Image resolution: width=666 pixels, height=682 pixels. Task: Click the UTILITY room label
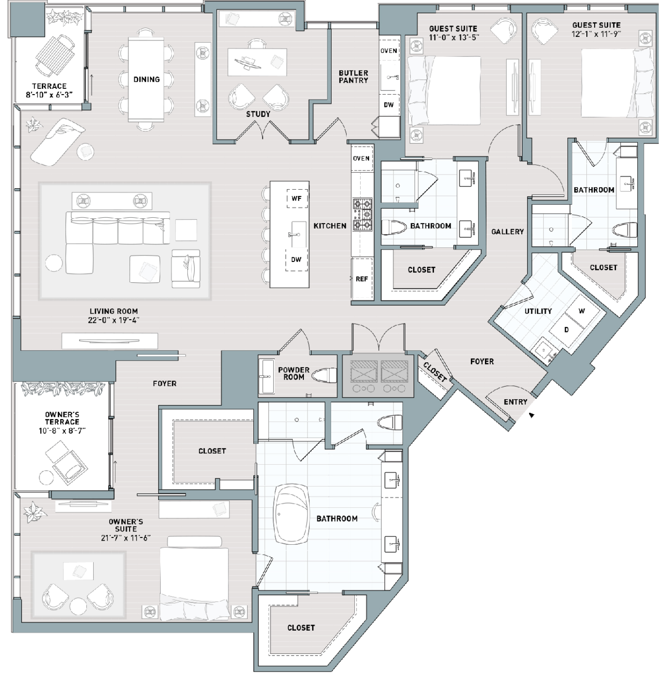point(538,311)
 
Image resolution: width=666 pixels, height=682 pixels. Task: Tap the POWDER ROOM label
point(294,373)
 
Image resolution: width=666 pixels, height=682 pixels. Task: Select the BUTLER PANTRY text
point(353,76)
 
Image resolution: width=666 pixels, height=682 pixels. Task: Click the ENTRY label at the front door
point(515,402)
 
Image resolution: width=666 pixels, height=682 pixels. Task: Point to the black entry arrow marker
point(531,415)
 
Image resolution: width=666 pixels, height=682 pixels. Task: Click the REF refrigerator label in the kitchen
point(362,279)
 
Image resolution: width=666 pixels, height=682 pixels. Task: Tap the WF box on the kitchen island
point(297,199)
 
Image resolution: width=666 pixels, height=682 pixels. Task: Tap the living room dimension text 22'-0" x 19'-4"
point(114,320)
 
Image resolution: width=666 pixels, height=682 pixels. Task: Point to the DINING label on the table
point(146,80)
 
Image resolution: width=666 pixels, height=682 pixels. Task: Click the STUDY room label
point(258,114)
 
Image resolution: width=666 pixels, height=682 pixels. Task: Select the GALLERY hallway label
point(508,232)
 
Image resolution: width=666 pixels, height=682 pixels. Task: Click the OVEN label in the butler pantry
point(389,51)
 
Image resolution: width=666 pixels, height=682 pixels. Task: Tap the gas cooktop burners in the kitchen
point(363,214)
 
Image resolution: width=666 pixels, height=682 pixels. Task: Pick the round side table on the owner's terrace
point(47,477)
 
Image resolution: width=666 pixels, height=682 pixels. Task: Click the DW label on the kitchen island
point(296,260)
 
